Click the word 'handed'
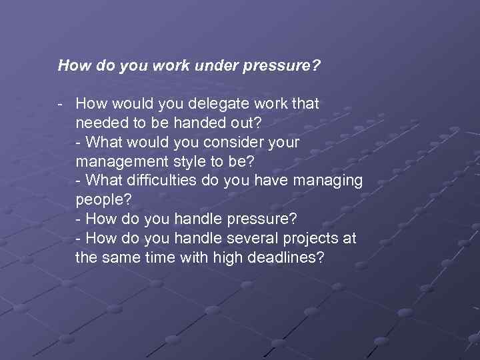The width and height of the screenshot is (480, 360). point(191,123)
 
